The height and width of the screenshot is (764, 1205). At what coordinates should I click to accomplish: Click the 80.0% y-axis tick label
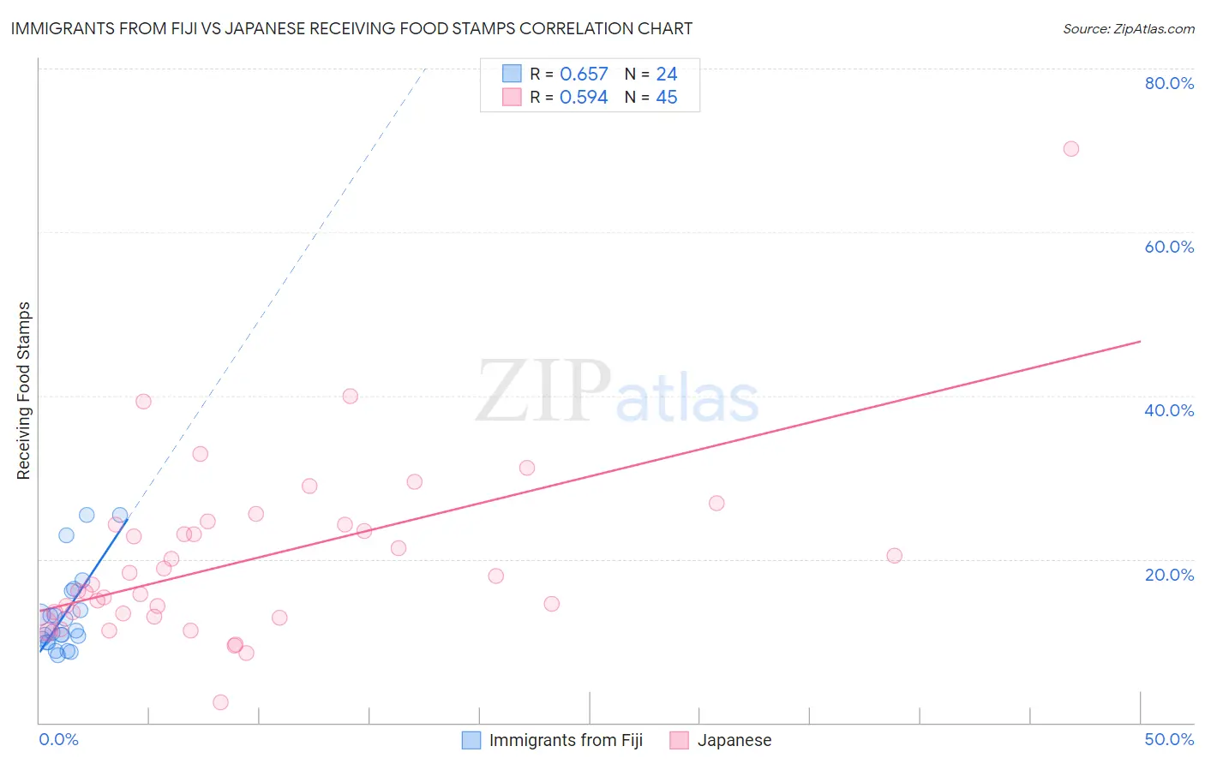1169,83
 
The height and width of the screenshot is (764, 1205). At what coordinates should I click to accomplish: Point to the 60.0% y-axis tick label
1169,247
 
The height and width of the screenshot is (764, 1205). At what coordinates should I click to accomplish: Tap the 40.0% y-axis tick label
1169,410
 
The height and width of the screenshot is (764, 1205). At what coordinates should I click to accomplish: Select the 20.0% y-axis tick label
1169,575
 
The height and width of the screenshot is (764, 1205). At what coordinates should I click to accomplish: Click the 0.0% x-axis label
58,739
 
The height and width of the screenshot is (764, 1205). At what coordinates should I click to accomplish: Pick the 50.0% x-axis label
1169,739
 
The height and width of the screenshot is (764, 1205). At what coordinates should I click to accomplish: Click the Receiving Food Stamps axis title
23,391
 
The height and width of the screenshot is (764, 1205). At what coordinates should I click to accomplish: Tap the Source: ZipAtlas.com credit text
1128,29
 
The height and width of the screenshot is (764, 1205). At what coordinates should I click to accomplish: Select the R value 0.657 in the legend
584,75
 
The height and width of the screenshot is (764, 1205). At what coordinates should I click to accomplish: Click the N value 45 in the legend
666,98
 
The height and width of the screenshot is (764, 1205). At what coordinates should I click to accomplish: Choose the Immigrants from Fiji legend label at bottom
566,740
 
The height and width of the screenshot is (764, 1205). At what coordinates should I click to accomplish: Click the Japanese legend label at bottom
734,740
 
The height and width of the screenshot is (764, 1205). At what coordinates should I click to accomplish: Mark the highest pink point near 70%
1070,149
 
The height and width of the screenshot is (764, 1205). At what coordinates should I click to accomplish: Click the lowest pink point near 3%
220,702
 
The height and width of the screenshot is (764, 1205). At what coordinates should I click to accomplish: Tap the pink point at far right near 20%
894,556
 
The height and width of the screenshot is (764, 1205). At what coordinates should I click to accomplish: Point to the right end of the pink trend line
1140,342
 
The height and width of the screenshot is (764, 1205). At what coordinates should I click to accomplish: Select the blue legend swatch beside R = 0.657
512,74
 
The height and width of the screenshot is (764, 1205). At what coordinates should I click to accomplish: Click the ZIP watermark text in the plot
543,392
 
